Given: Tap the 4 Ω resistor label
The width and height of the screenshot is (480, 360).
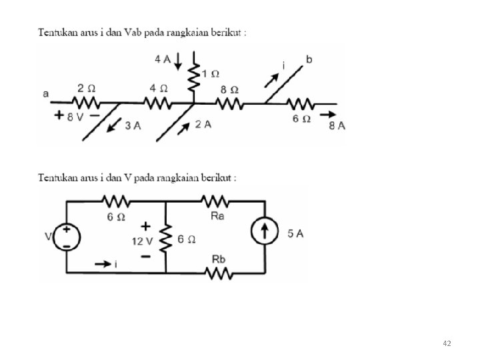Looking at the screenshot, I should (x=154, y=89).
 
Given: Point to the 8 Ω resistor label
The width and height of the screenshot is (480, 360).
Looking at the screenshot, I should (x=230, y=89).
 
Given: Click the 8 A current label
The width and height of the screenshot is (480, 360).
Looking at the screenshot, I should (x=338, y=127).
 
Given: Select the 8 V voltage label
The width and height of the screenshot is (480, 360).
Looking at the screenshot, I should (x=75, y=116).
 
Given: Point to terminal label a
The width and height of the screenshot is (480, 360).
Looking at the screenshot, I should (x=45, y=95).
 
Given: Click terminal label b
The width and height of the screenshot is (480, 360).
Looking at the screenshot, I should (x=309, y=60).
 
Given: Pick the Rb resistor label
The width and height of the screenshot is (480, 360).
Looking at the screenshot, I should (x=217, y=257).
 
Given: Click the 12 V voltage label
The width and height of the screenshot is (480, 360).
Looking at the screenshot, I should (x=143, y=240).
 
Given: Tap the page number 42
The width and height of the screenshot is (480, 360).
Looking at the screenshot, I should (x=447, y=343).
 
